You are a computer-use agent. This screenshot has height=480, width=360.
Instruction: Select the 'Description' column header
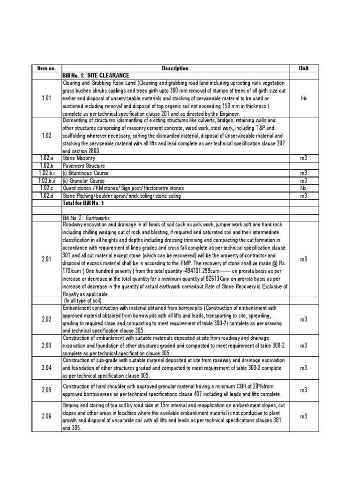click(175, 68)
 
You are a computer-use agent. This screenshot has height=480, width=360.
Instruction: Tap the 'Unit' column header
click(303, 68)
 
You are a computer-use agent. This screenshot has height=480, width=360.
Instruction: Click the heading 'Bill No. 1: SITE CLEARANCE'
click(96, 75)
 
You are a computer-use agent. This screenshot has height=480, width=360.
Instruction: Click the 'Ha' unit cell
click(303, 98)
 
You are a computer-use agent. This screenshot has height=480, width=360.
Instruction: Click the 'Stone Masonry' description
click(78, 159)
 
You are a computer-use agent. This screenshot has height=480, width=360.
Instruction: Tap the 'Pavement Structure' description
click(83, 166)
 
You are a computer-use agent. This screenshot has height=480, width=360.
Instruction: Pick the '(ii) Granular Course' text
click(82, 180)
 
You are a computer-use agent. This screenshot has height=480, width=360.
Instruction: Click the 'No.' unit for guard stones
click(303, 187)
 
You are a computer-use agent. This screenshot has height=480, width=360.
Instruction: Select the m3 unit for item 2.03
click(303, 345)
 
